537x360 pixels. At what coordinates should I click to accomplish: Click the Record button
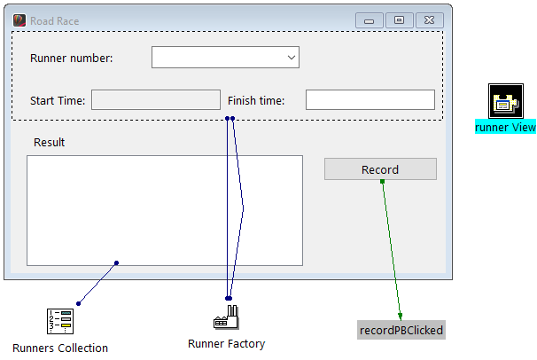pyautogui.click(x=380, y=169)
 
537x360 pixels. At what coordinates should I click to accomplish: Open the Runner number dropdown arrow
pyautogui.click(x=291, y=58)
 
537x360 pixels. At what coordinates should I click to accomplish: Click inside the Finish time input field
pyautogui.click(x=370, y=100)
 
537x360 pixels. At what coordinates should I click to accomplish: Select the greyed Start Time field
pyautogui.click(x=156, y=100)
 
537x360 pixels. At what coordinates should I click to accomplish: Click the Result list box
pyautogui.click(x=164, y=210)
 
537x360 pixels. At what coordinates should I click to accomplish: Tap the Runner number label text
pyautogui.click(x=72, y=59)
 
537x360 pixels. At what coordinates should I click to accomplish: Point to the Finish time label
pyautogui.click(x=256, y=101)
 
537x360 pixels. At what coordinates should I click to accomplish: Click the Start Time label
pyautogui.click(x=58, y=101)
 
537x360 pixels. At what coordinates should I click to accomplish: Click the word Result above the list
pyautogui.click(x=49, y=142)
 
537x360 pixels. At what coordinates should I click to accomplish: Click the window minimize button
pyautogui.click(x=369, y=20)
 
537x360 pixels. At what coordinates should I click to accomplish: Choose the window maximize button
pyautogui.click(x=399, y=20)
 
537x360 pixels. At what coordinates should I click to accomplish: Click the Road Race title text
pyautogui.click(x=55, y=20)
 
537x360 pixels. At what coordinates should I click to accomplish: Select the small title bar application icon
pyautogui.click(x=19, y=20)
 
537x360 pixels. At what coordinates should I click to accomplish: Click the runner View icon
pyautogui.click(x=504, y=100)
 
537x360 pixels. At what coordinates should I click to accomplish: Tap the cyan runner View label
pyautogui.click(x=505, y=127)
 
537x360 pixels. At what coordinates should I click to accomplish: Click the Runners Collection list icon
pyautogui.click(x=59, y=321)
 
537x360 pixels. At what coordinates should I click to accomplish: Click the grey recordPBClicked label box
pyautogui.click(x=401, y=330)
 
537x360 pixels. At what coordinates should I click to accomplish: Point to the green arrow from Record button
pyautogui.click(x=391, y=248)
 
